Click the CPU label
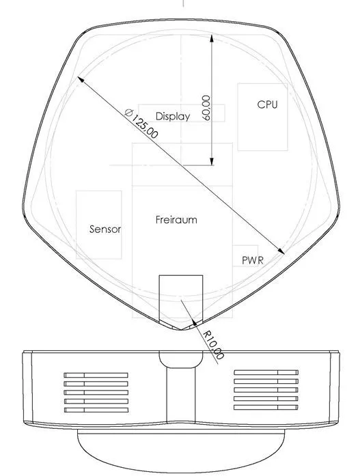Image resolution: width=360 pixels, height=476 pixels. (x=267, y=104)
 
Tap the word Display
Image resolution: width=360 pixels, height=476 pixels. (x=173, y=116)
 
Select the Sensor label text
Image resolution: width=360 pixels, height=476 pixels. (x=105, y=229)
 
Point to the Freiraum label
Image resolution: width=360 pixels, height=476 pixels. (x=176, y=219)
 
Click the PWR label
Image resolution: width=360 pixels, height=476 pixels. (x=253, y=260)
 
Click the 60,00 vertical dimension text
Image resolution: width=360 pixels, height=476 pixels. (x=206, y=108)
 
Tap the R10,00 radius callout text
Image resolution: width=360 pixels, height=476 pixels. (x=214, y=345)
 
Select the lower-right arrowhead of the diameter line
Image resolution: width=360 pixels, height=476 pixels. (x=281, y=251)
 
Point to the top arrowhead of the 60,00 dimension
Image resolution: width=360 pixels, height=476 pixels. (x=212, y=38)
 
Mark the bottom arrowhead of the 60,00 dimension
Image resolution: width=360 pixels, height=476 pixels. (x=212, y=161)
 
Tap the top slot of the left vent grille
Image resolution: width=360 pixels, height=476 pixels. (x=96, y=375)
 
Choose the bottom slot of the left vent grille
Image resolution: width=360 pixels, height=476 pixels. (x=96, y=410)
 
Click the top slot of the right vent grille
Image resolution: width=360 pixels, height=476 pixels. (x=266, y=372)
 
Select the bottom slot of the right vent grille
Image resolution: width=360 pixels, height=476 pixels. (x=266, y=407)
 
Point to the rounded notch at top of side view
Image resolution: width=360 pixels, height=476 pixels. (x=181, y=360)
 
